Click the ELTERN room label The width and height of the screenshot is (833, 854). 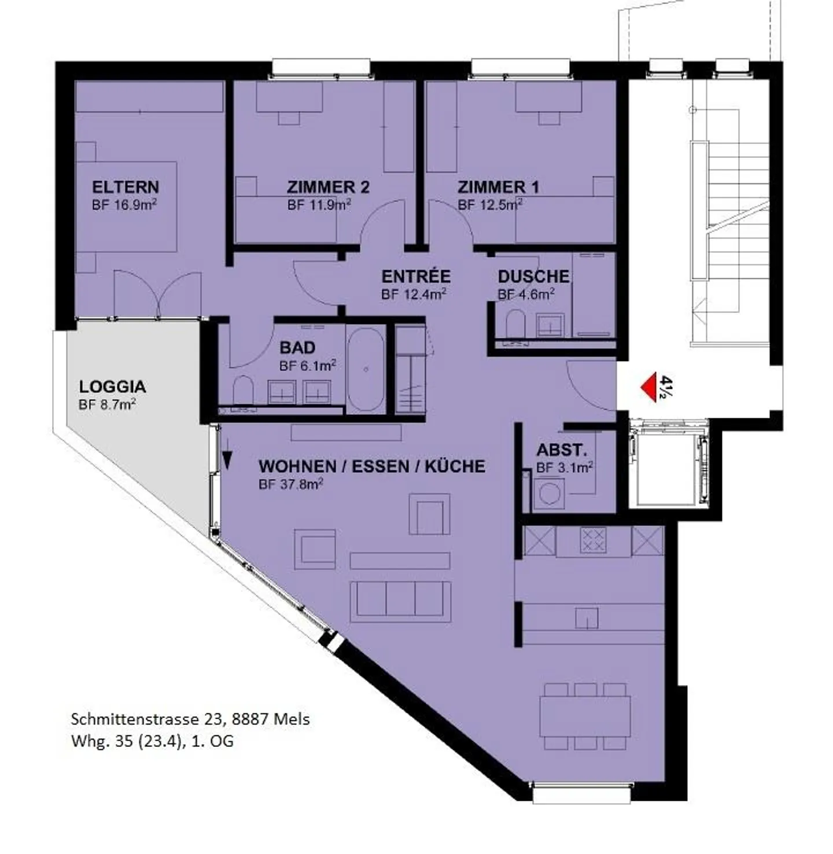[126, 187]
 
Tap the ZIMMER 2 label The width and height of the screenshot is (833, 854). [328, 187]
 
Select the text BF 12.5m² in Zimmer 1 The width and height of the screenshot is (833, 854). [489, 204]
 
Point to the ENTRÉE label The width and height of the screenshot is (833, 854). [416, 277]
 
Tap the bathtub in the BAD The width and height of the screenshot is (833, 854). [366, 370]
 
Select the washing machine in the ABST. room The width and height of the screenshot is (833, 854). [548, 494]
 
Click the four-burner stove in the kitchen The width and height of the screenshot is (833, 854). [593, 540]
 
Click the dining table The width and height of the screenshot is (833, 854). [585, 716]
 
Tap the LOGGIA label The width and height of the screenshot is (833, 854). [112, 386]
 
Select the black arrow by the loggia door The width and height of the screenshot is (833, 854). [227, 460]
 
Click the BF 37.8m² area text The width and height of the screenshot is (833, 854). [291, 484]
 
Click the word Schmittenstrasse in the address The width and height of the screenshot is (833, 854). [134, 719]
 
